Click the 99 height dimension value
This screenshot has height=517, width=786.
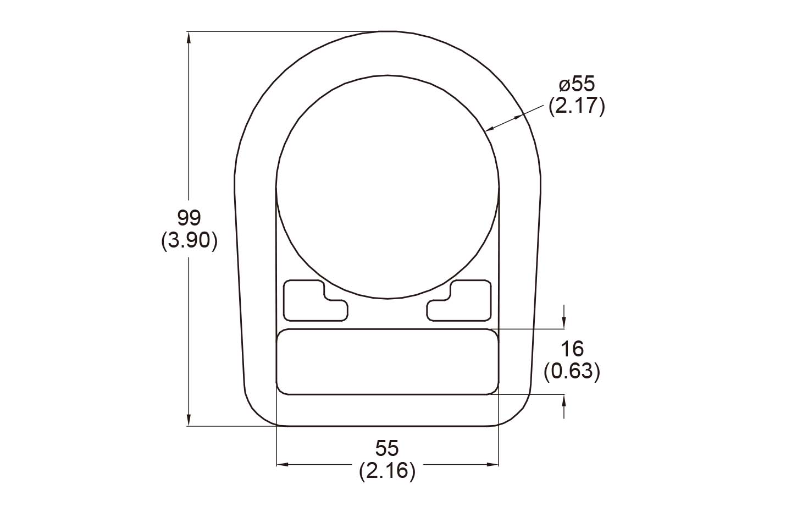[x=189, y=218]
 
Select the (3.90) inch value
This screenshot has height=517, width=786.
[x=189, y=241]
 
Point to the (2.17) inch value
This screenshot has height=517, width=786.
[x=577, y=106]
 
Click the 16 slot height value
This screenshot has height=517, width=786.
[x=572, y=349]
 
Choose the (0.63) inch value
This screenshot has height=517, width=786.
[x=572, y=372]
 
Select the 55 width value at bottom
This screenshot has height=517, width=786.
[x=387, y=448]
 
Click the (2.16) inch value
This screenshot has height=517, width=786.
[x=387, y=471]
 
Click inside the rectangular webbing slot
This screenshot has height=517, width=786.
[x=387, y=362]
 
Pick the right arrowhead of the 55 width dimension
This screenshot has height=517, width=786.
[x=493, y=465]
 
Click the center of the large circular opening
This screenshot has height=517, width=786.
[x=388, y=187]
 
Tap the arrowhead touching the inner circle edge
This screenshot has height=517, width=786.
[x=491, y=129]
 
